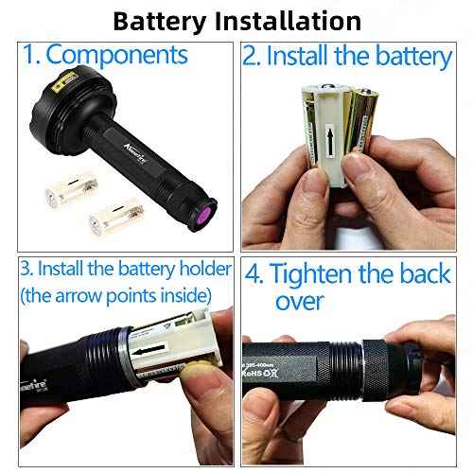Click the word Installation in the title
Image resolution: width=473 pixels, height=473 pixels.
tap(281, 20)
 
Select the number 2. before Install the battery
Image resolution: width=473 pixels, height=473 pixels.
tap(252, 56)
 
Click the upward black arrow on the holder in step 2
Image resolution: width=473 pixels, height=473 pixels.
tap(329, 148)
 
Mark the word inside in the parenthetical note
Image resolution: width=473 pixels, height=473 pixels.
tap(200, 296)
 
